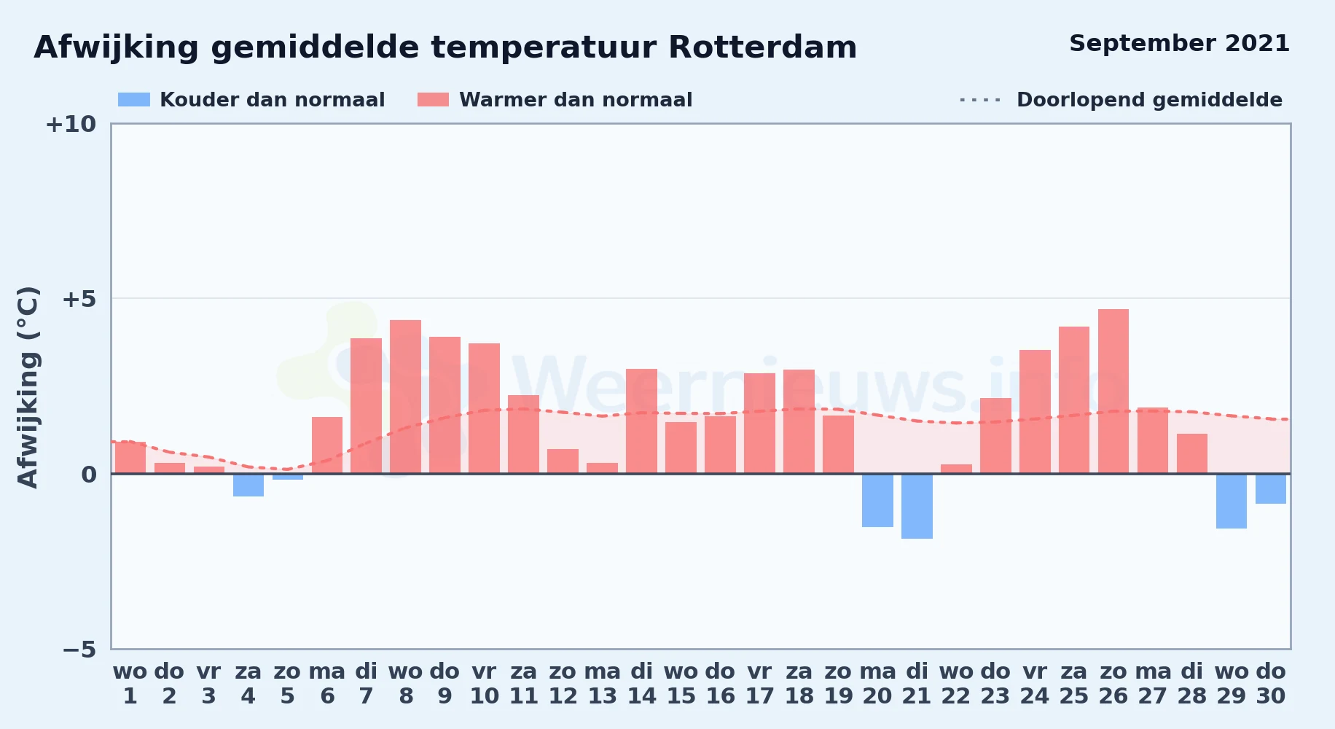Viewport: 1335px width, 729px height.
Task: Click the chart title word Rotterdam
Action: pyautogui.click(x=762, y=47)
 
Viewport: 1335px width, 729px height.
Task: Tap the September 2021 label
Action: pyautogui.click(x=1179, y=43)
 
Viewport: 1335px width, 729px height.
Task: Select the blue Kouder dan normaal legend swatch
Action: pyautogui.click(x=134, y=100)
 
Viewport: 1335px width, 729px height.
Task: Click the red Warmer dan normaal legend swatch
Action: pyautogui.click(x=434, y=100)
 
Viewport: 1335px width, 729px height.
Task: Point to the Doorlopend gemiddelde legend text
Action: pyautogui.click(x=1149, y=100)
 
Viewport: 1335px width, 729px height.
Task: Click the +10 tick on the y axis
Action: pyautogui.click(x=71, y=125)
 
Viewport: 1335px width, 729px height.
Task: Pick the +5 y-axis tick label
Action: pyautogui.click(x=79, y=299)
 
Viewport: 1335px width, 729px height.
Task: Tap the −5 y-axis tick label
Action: pyautogui.click(x=79, y=650)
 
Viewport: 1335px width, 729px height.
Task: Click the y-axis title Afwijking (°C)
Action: pyautogui.click(x=28, y=387)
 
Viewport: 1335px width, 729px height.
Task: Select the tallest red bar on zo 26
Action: pyautogui.click(x=1113, y=391)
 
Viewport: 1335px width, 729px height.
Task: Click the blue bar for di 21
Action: pyautogui.click(x=917, y=507)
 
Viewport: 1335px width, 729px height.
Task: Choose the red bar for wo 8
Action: pyautogui.click(x=405, y=397)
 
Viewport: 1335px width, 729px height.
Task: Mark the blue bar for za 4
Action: pyautogui.click(x=248, y=486)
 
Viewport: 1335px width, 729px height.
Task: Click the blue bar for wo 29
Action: pyautogui.click(x=1232, y=502)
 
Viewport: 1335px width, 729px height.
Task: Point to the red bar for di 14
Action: pyautogui.click(x=641, y=421)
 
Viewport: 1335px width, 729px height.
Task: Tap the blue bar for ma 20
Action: pyautogui.click(x=877, y=501)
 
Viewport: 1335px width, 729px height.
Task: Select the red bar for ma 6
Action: pyautogui.click(x=327, y=445)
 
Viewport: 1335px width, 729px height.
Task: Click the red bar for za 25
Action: pyautogui.click(x=1074, y=400)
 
